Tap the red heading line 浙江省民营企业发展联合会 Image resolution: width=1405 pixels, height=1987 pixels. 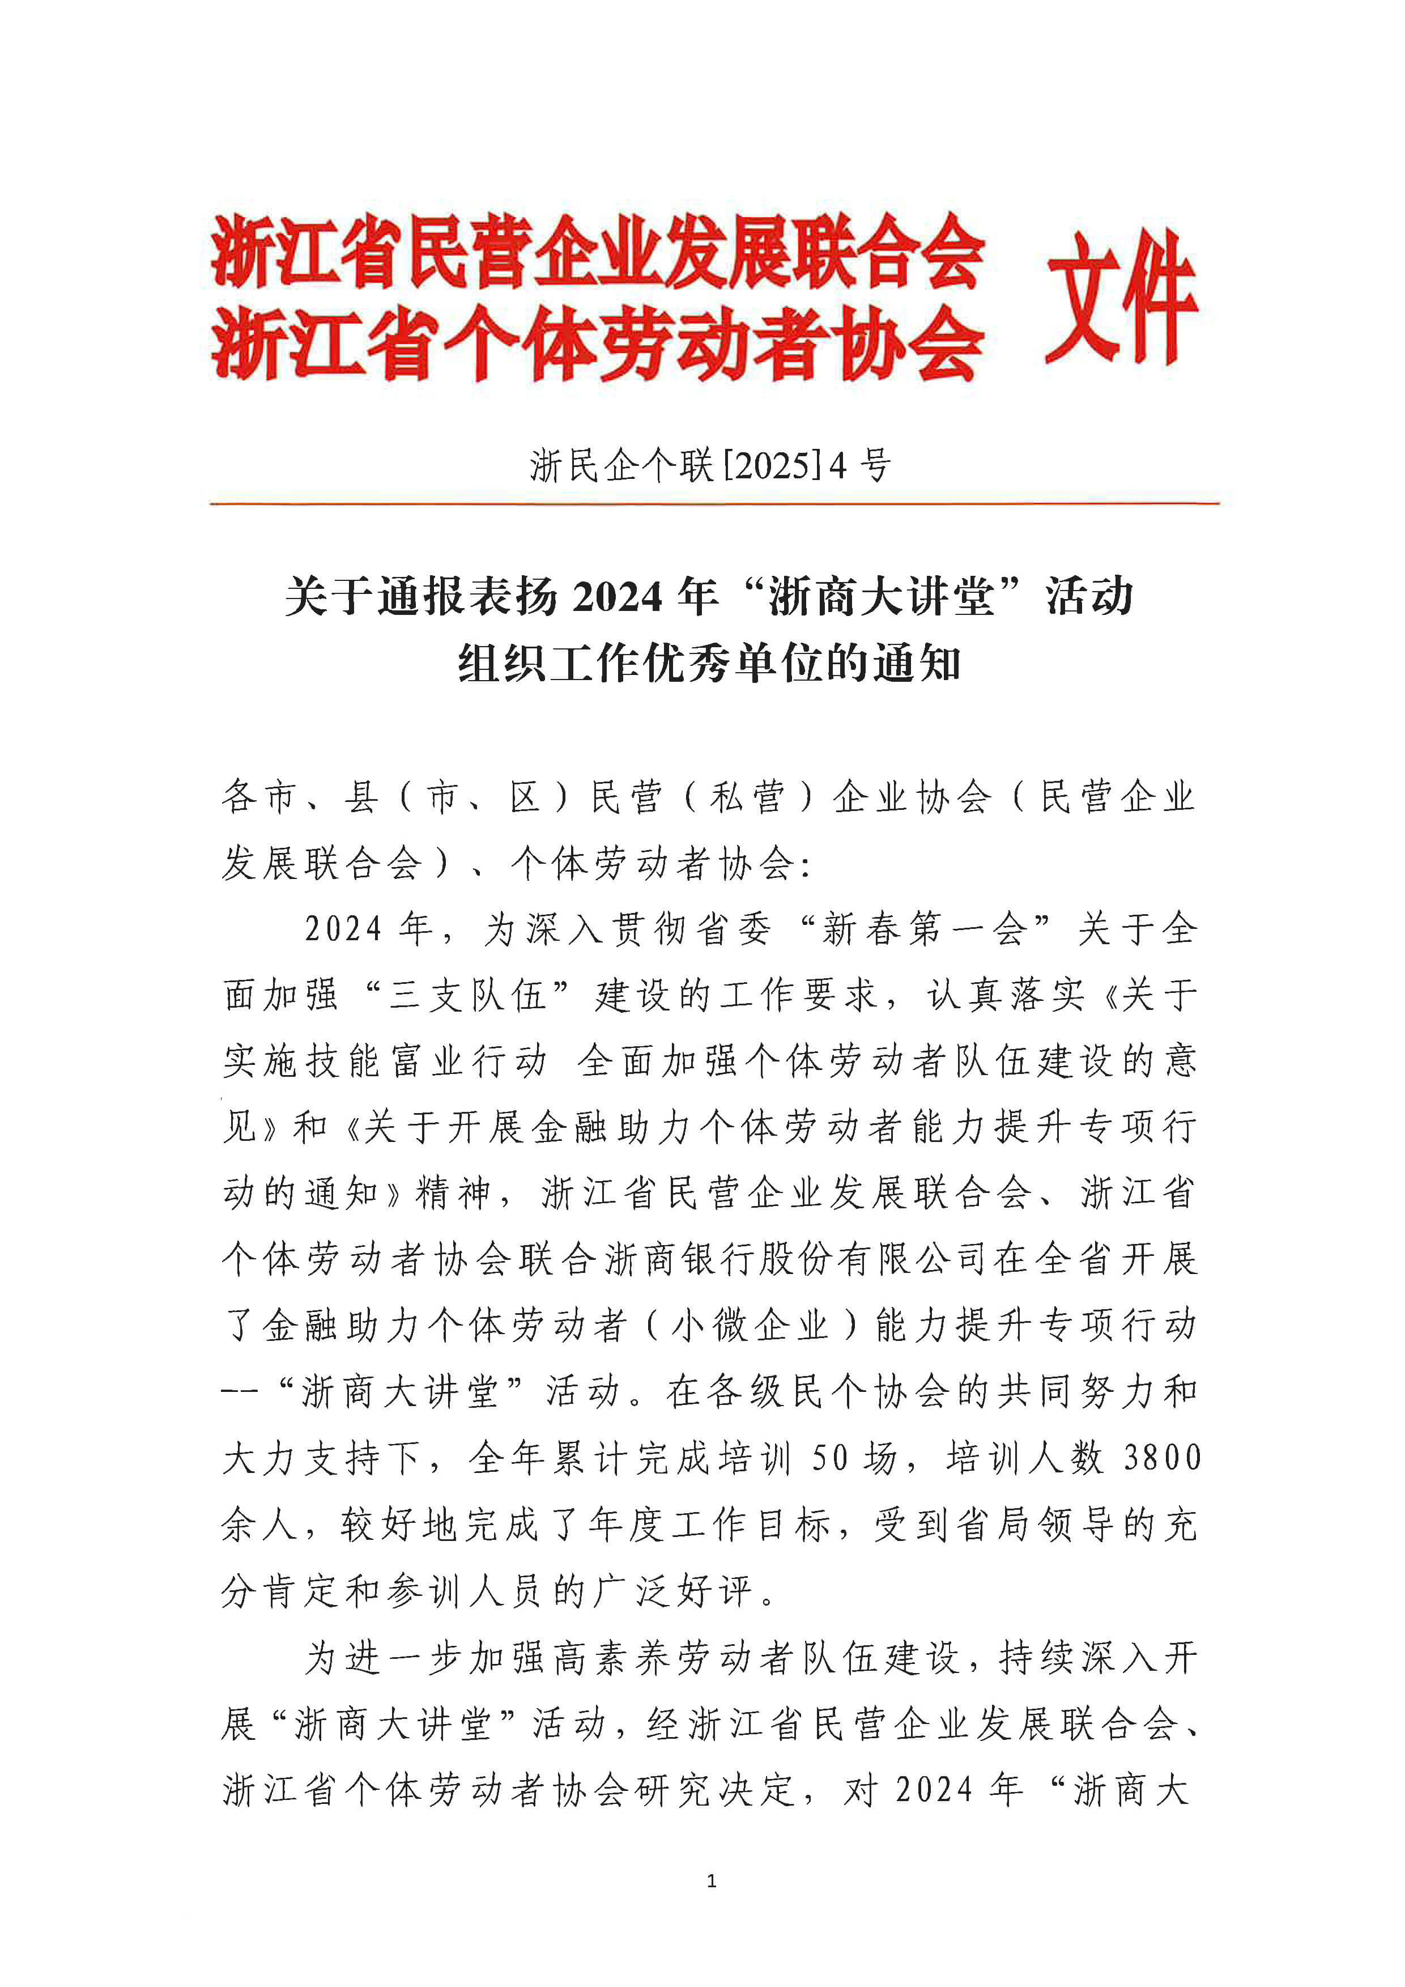(598, 251)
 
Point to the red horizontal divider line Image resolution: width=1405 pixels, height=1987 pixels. (714, 503)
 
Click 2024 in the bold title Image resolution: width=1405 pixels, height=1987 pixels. (617, 597)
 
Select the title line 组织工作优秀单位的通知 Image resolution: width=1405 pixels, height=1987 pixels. (709, 665)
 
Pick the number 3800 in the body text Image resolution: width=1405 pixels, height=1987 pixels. (1162, 1457)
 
